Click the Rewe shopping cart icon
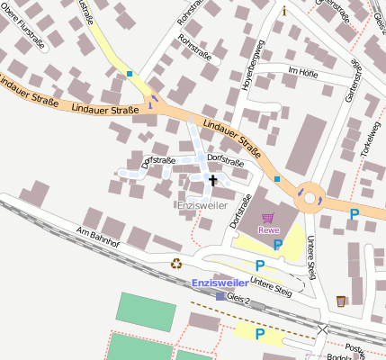pos(268,217)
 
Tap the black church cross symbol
pos(213,181)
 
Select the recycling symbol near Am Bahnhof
pos(176,264)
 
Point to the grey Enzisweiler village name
pos(202,205)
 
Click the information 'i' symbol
pos(285,11)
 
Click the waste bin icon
pos(340,300)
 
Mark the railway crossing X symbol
pos(322,330)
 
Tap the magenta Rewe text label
pos(269,229)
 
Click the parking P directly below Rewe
pos(277,244)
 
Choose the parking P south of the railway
pos(260,334)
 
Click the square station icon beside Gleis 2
pos(220,295)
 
